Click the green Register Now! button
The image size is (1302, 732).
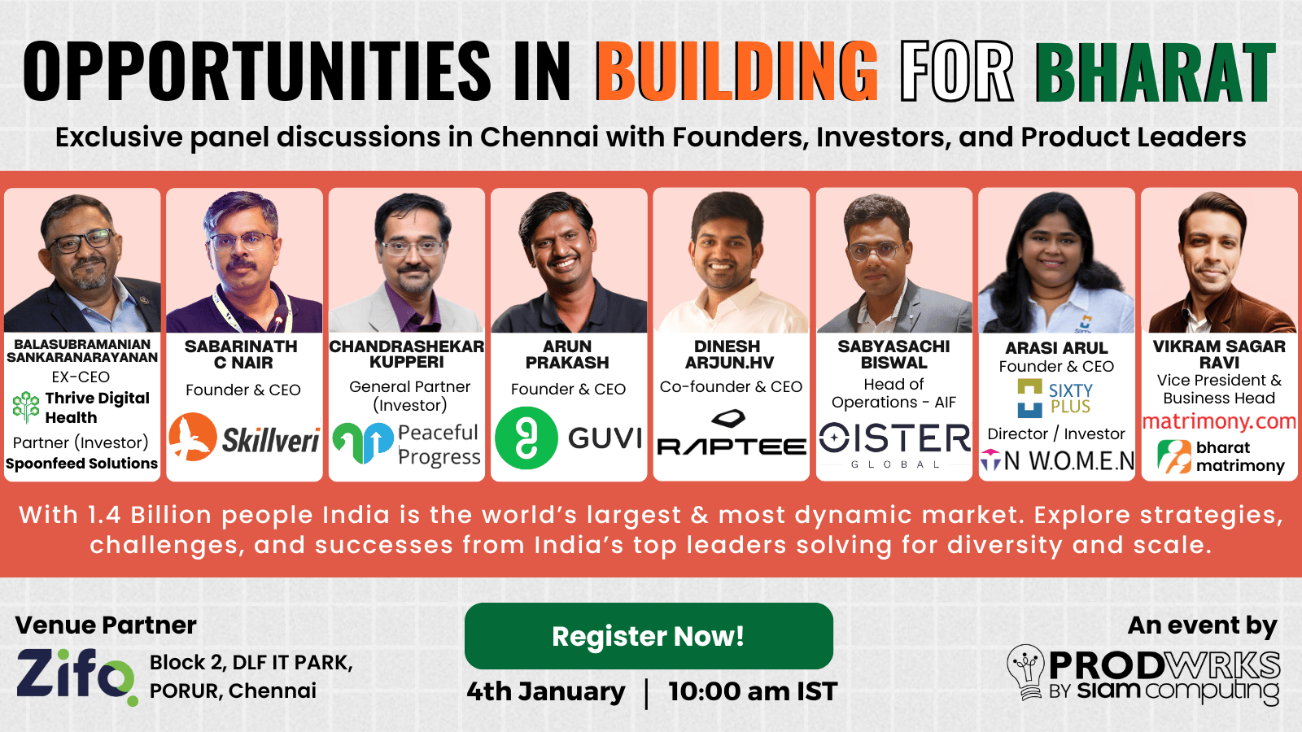tap(649, 636)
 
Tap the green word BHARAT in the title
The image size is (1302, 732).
tap(1156, 72)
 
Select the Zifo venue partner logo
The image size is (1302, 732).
tap(76, 676)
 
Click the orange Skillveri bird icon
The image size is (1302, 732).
tap(193, 437)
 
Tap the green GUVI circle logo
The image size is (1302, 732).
tap(526, 438)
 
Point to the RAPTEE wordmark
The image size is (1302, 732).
tap(732, 447)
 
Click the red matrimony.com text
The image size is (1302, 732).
tap(1219, 420)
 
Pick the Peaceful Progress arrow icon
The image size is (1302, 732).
tap(363, 442)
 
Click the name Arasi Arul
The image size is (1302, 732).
tap(1057, 347)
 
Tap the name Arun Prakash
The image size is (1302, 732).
tap(567, 355)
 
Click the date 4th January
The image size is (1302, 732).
tap(546, 691)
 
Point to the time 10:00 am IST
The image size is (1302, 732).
tap(753, 691)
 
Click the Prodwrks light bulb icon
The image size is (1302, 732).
tap(1027, 672)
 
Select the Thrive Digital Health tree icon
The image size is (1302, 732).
tap(25, 407)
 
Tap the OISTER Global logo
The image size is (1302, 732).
tap(894, 445)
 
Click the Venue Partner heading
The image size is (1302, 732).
tap(106, 625)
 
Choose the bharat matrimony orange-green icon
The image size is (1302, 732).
tap(1173, 456)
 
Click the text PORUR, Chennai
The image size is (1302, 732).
tap(233, 691)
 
